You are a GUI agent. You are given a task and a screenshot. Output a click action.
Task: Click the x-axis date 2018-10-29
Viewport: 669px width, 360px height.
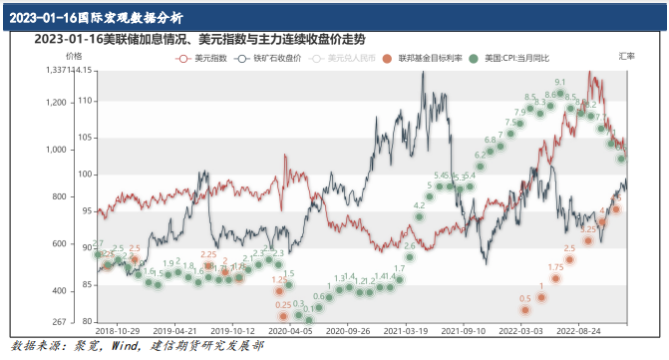point(118,328)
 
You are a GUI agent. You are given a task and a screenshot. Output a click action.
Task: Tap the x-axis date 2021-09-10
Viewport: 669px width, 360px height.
point(464,328)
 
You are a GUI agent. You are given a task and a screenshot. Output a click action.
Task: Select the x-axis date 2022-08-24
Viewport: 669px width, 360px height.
point(578,328)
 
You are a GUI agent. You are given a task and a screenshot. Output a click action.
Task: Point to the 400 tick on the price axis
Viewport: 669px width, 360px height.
point(59,290)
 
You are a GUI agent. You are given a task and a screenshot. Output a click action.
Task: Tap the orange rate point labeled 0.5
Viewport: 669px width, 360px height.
point(524,309)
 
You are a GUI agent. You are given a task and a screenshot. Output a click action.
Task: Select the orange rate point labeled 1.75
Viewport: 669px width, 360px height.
point(556,279)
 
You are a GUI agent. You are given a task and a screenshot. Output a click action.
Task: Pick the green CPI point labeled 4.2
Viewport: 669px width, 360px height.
point(420,216)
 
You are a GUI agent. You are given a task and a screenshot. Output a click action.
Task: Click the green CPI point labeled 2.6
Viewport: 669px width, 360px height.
point(409,256)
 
